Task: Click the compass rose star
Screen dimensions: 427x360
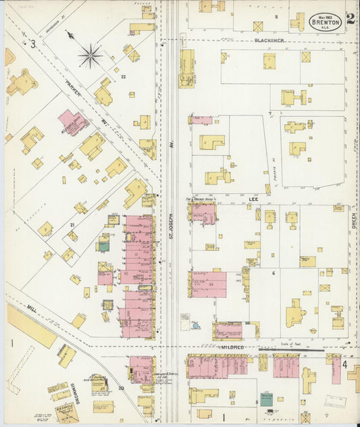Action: click(91, 55)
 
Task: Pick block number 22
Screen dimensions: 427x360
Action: click(123, 77)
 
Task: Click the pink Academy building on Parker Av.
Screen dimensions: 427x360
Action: click(73, 122)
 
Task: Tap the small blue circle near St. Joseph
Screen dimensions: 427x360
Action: click(195, 326)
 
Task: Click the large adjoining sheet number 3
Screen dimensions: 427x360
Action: click(32, 44)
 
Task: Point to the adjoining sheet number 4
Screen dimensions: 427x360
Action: click(345, 366)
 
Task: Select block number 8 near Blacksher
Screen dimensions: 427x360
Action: click(276, 16)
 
